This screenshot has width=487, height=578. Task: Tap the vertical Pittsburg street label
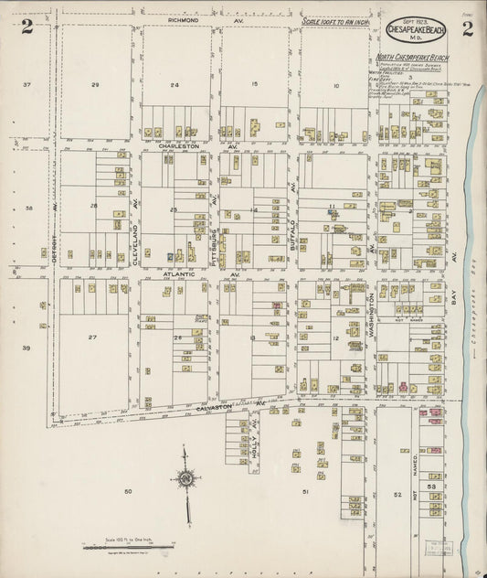[214, 240]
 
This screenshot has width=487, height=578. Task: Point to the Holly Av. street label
[253, 444]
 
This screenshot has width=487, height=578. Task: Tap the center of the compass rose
[185, 476]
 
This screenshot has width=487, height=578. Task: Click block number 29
[94, 84]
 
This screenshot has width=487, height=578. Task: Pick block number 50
[128, 492]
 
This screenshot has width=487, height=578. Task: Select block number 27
[92, 337]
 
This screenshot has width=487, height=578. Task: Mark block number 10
[335, 86]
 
